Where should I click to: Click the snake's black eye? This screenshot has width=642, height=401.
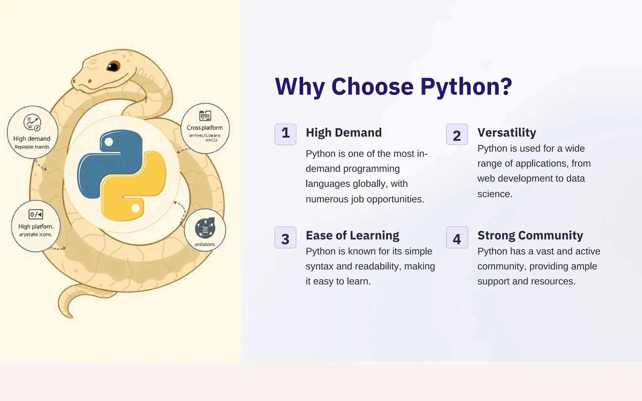(113, 66)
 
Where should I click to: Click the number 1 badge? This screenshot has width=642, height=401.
(285, 134)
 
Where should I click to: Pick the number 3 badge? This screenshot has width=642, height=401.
(285, 238)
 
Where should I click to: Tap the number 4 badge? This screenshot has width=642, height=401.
(457, 238)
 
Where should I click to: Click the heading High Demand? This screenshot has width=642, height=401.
(344, 133)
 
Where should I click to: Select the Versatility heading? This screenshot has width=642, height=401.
(507, 133)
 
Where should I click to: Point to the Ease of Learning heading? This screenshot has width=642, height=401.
(352, 235)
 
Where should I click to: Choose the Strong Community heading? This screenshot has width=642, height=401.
(530, 235)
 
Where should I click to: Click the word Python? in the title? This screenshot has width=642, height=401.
(466, 86)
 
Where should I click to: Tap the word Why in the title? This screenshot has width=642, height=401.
(299, 86)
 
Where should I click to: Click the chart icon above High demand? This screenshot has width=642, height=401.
(32, 123)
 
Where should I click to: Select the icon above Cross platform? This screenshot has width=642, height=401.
(205, 115)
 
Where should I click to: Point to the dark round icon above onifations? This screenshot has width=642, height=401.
(205, 228)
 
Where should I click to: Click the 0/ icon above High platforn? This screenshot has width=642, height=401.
(36, 214)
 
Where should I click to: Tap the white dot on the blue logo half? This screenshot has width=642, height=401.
(108, 142)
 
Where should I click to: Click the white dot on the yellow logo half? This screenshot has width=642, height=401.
(135, 208)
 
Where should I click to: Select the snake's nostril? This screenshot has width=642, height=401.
(90, 81)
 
